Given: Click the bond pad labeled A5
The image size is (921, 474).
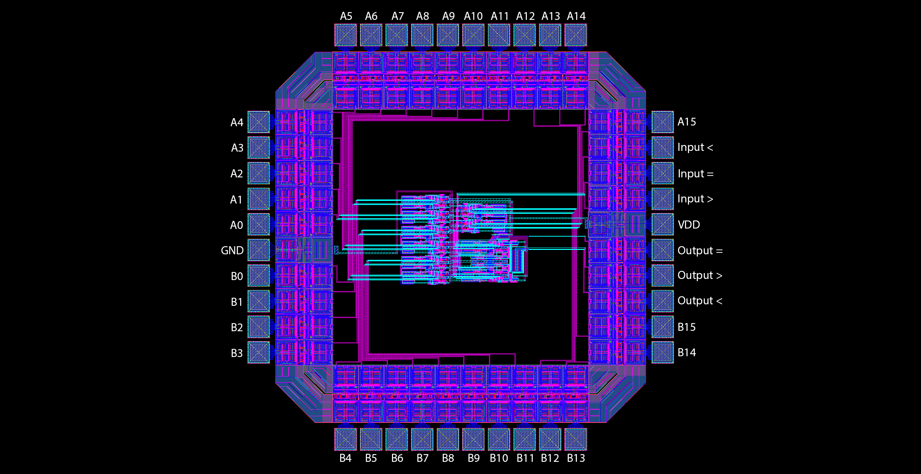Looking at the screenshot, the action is [x=346, y=35].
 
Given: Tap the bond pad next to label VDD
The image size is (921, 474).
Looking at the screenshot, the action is [x=663, y=224].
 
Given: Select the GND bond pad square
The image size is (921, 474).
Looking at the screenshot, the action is [x=258, y=250].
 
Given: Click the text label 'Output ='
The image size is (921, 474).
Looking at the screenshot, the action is [x=700, y=251].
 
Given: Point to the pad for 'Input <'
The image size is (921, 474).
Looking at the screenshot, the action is [x=663, y=148].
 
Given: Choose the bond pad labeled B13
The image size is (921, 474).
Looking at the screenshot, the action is [x=576, y=439].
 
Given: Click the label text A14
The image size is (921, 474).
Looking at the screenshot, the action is [x=576, y=16].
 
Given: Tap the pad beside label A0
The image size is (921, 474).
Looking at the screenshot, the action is [x=258, y=224].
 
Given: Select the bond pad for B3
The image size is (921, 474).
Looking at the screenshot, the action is [x=258, y=353].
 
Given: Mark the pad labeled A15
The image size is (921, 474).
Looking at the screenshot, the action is [x=663, y=122].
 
